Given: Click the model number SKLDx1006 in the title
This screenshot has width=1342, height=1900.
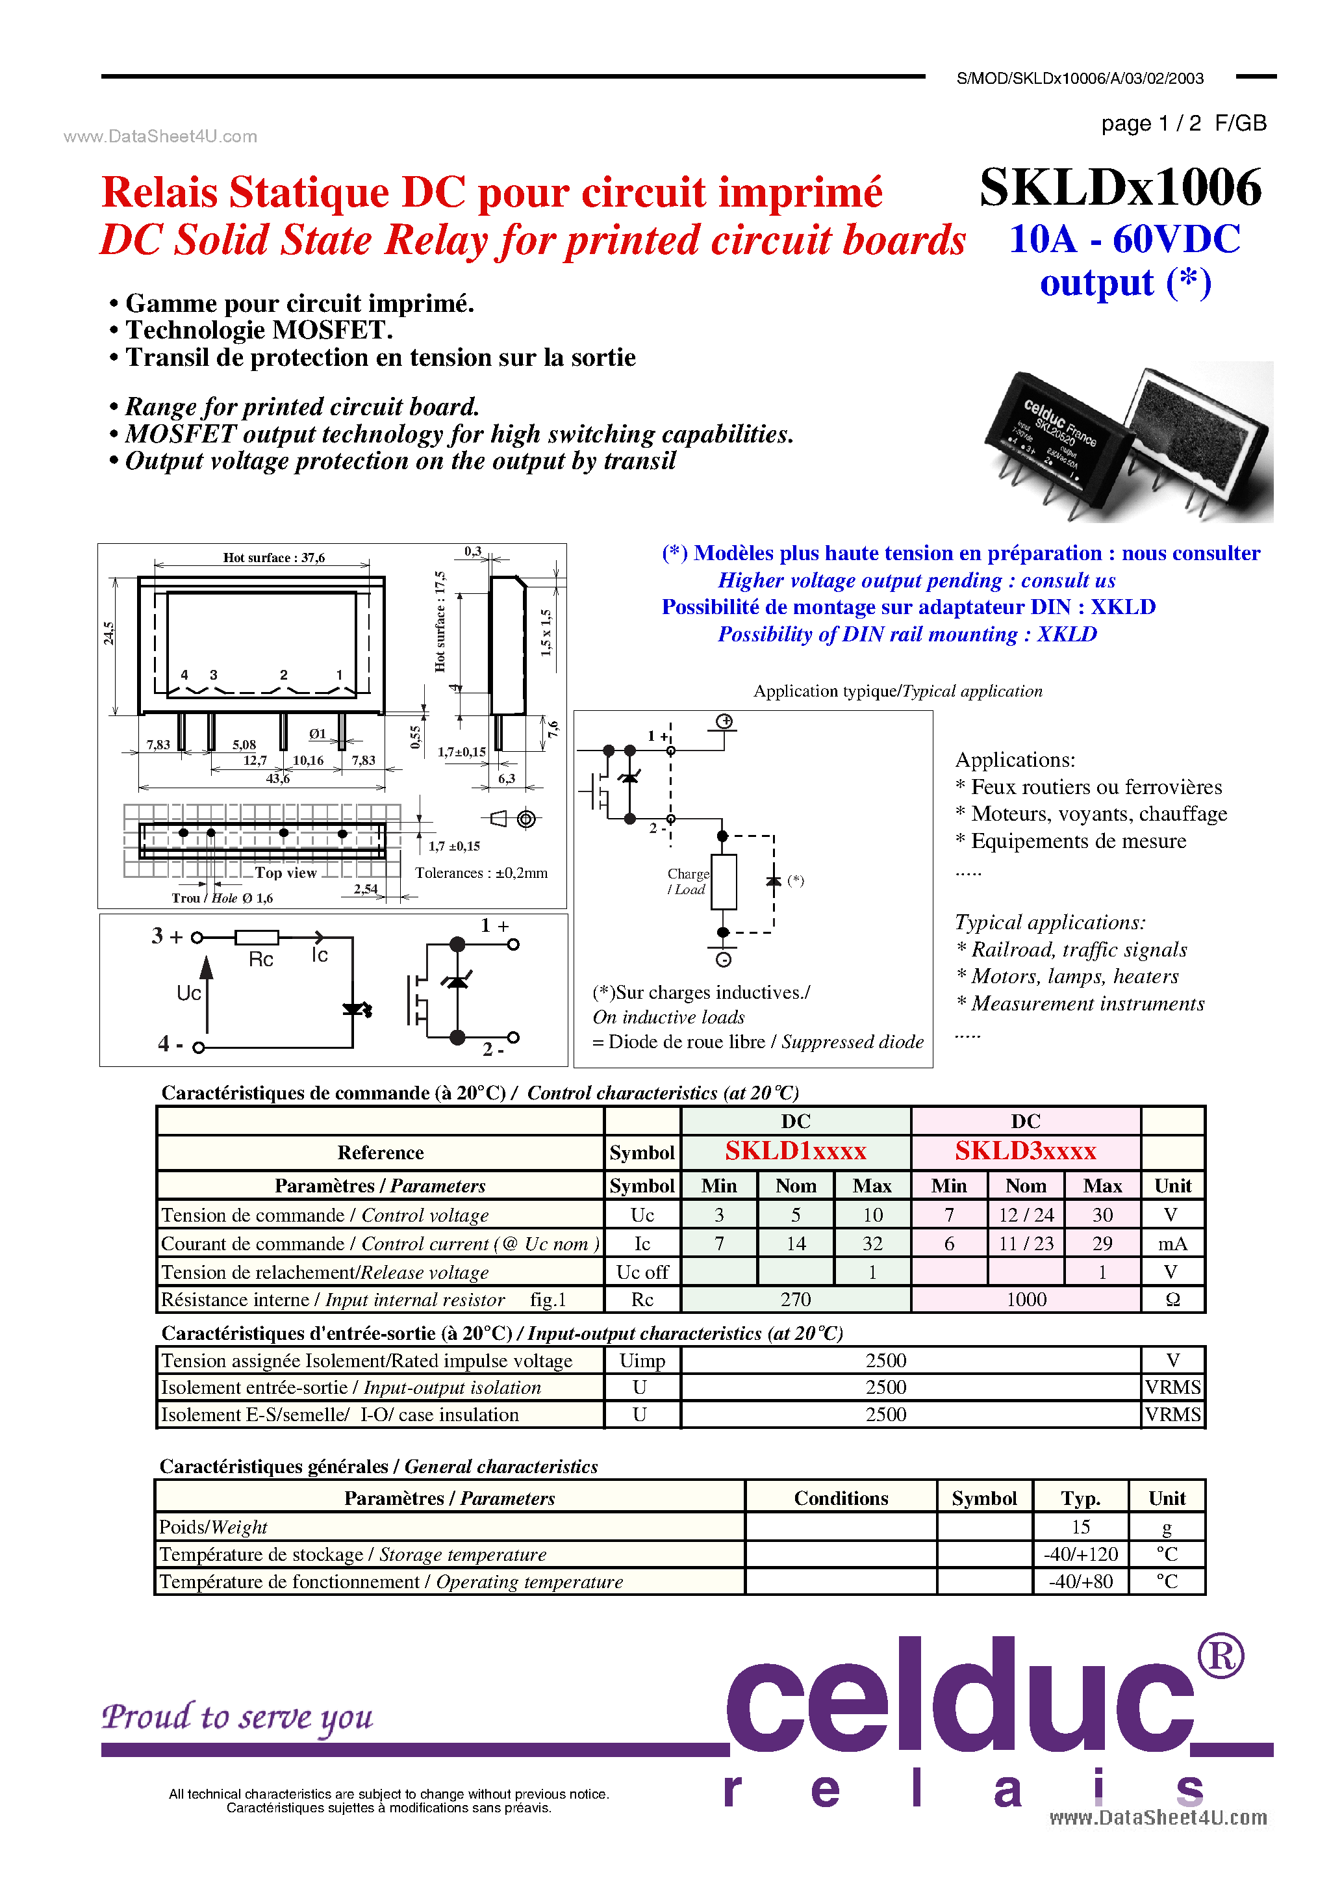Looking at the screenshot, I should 1120,187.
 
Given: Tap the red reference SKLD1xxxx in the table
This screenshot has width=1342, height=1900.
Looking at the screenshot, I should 795,1151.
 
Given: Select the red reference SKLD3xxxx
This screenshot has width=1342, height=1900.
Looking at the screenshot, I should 1025,1151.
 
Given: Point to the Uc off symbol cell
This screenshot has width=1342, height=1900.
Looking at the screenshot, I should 642,1272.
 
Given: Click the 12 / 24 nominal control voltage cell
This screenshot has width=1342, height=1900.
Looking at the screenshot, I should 1026,1215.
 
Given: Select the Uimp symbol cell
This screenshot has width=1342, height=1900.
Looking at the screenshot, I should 642,1361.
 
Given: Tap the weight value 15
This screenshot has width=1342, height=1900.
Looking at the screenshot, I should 1080,1527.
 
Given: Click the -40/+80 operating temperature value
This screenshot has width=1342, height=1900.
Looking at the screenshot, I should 1080,1582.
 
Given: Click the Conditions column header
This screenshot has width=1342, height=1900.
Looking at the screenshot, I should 841,1498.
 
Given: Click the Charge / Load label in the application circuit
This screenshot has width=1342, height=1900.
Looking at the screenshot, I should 687,881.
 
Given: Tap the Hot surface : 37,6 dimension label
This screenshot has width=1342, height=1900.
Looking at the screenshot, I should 274,558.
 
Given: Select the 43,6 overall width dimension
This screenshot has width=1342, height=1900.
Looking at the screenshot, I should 278,778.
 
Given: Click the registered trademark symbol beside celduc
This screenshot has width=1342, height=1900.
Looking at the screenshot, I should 1221,1656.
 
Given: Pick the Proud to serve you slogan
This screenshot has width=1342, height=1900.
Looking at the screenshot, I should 238,1717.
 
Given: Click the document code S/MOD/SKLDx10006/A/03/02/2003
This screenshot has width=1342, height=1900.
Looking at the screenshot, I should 1080,79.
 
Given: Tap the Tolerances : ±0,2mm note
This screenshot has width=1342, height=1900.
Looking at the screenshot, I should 481,873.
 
